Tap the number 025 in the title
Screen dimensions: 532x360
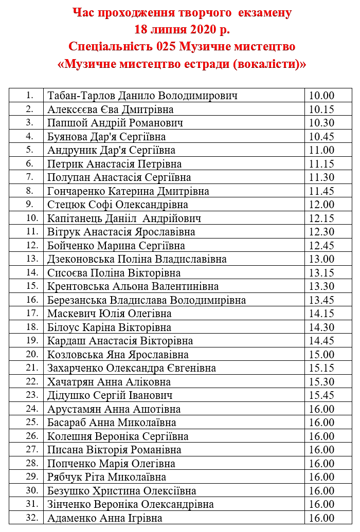coord(169,47)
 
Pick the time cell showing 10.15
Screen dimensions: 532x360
coord(322,109)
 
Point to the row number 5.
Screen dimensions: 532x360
coord(29,150)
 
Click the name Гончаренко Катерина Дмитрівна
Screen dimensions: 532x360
coord(128,191)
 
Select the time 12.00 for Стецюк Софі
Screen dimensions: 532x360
coord(322,205)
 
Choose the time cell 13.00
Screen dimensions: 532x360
coord(322,259)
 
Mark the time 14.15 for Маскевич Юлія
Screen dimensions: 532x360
coord(322,314)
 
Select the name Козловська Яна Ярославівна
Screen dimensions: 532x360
coord(118,355)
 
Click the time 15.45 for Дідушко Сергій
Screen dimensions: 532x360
coord(322,395)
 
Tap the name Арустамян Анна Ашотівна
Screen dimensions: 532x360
coord(114,409)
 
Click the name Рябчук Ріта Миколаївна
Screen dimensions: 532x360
coord(110,477)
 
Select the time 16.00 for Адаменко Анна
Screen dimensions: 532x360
coord(322,518)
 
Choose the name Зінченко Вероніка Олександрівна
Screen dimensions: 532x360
coord(130,504)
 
